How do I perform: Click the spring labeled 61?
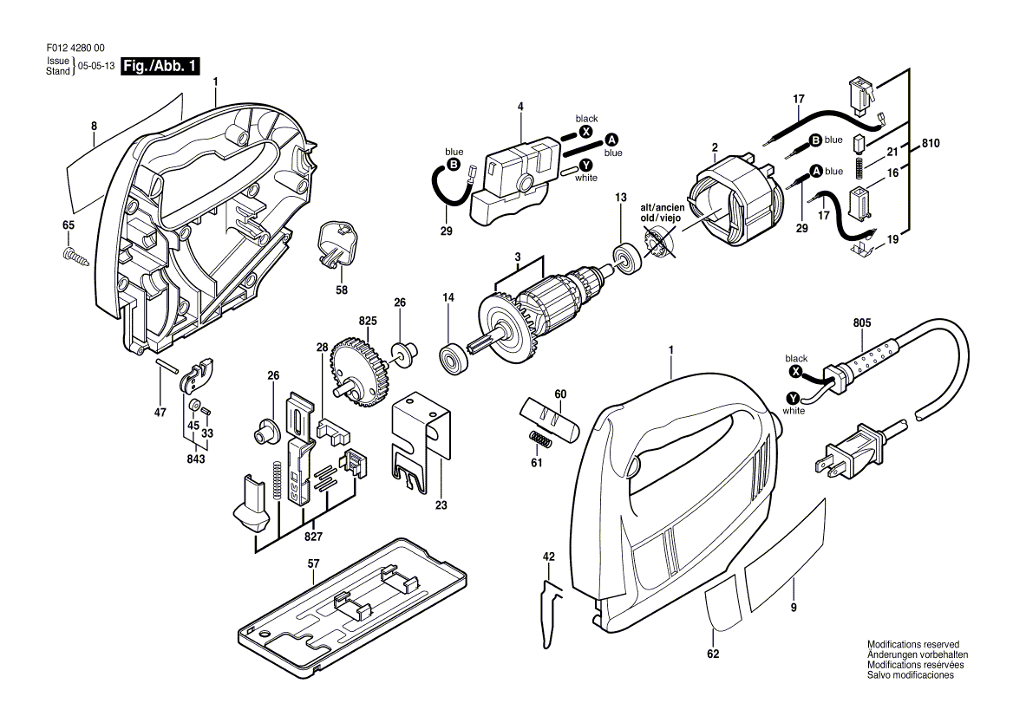(538, 439)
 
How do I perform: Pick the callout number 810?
(931, 143)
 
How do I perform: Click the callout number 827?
(313, 536)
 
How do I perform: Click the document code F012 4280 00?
(75, 49)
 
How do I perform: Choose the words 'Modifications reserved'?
(913, 644)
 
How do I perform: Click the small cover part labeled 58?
(336, 244)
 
